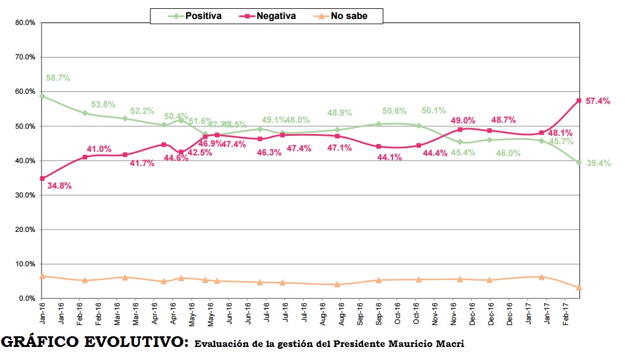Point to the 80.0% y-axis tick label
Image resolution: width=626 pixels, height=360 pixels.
coord(25,23)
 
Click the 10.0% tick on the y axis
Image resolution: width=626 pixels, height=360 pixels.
coord(25,264)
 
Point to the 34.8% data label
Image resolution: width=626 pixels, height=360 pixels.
coord(58,186)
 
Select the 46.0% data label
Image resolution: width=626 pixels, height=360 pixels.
coord(508,153)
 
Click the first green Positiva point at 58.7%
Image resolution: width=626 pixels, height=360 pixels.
coord(41,95)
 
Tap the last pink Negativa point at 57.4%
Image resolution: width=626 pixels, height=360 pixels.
coord(579,101)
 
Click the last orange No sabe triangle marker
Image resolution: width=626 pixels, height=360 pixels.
coord(579,288)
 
